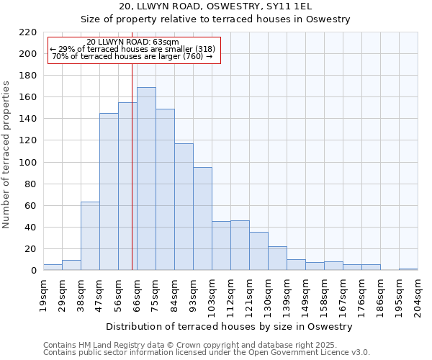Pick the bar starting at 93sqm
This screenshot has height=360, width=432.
point(202,219)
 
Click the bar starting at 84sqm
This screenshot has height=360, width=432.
point(184,207)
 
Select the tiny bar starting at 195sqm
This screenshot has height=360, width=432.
point(408,269)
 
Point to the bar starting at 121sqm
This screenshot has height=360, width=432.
point(258,251)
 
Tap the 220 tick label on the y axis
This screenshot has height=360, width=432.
point(27,32)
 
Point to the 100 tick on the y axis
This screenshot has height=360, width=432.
point(27,163)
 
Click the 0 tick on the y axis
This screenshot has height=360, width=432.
point(33,271)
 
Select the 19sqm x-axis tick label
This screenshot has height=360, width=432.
point(43,293)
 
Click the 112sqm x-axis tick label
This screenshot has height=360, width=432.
point(230,295)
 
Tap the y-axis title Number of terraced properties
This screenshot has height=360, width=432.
point(7,154)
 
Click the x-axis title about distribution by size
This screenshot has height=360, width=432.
point(229,326)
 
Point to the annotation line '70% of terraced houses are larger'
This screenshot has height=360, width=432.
point(132,56)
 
